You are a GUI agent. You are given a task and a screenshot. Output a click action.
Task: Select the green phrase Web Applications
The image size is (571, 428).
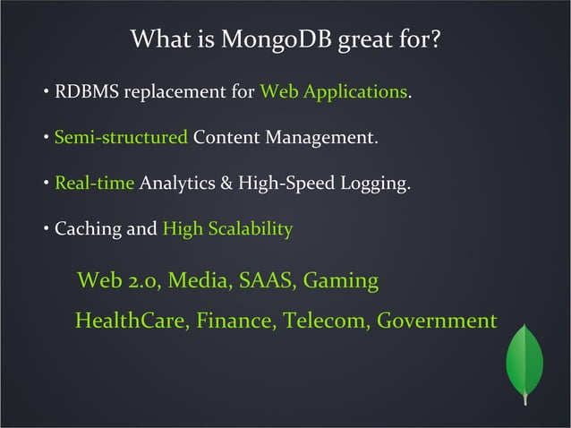click(x=333, y=92)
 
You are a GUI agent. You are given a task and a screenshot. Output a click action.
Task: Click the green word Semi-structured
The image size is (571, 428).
click(x=121, y=139)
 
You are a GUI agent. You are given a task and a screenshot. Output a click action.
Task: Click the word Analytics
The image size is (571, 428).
click(x=177, y=184)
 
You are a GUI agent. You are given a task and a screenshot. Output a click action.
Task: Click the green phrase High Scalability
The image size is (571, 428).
click(x=227, y=230)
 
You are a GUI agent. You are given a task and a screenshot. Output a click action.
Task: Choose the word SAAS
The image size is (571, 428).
click(x=263, y=281)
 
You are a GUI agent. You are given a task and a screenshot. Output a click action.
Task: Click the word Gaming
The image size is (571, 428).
click(x=341, y=281)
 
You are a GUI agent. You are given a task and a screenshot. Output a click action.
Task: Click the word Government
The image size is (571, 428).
click(x=436, y=321)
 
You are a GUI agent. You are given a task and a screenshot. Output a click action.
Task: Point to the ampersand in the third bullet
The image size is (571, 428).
click(x=225, y=184)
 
